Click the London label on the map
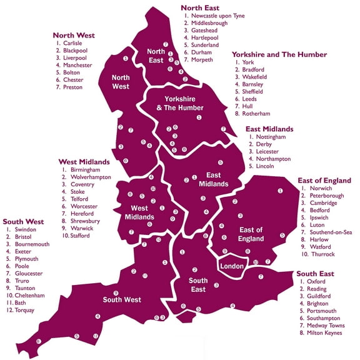click(231, 266)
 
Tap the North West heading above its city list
click(73, 35)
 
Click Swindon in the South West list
click(25, 229)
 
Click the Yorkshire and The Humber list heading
click(279, 55)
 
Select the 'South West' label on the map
click(122, 299)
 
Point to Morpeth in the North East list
click(201, 61)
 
